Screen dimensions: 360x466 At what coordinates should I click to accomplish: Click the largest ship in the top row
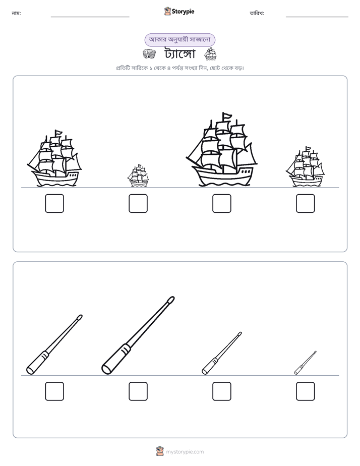pyautogui.click(x=221, y=150)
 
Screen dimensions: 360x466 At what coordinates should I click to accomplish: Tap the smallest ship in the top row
pyautogui.click(x=138, y=176)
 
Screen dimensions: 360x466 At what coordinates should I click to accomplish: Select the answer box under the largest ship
pyautogui.click(x=221, y=204)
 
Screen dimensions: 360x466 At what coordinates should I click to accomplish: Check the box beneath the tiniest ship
pyautogui.click(x=138, y=204)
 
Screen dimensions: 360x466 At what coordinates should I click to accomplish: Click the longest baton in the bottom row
pyautogui.click(x=138, y=335)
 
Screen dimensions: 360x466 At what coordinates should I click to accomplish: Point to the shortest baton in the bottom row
pyautogui.click(x=305, y=363)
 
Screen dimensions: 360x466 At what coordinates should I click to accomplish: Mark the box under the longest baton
pyautogui.click(x=138, y=391)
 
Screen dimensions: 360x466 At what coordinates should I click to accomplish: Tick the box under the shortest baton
pyautogui.click(x=306, y=391)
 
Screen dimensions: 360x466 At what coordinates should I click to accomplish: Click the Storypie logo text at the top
pyautogui.click(x=183, y=12)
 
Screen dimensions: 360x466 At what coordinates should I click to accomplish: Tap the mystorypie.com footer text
pyautogui.click(x=185, y=452)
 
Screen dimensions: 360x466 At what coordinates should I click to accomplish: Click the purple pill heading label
pyautogui.click(x=179, y=40)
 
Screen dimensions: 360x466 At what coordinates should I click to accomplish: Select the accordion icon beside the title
pyautogui.click(x=149, y=54)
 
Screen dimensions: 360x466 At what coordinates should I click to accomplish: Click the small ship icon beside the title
pyautogui.click(x=210, y=54)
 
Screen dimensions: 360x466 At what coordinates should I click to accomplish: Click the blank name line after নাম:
pyautogui.click(x=90, y=17)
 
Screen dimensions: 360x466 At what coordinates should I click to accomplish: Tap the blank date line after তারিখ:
pyautogui.click(x=317, y=17)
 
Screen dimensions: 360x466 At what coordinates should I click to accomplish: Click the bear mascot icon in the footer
pyautogui.click(x=160, y=451)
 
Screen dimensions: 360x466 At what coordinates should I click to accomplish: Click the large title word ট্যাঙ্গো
pyautogui.click(x=179, y=54)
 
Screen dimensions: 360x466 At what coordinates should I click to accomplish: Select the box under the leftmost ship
pyautogui.click(x=54, y=204)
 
